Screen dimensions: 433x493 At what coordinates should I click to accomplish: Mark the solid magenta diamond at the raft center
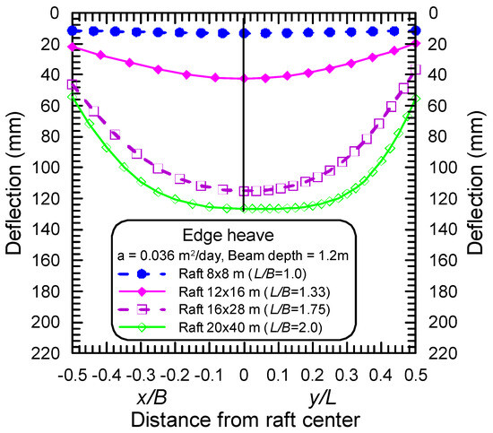click(x=245, y=79)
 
